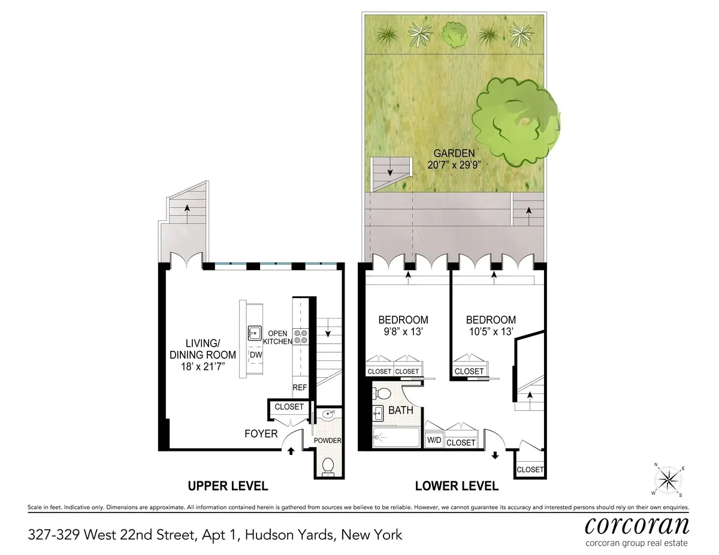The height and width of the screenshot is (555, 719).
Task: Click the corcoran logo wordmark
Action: click(636, 526)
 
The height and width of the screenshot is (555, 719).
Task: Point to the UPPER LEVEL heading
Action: click(228, 486)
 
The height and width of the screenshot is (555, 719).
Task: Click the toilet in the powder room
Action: click(328, 465)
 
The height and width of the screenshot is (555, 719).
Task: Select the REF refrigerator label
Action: click(300, 388)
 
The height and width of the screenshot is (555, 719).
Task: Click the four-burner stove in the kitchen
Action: click(300, 337)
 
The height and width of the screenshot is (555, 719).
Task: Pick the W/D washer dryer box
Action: click(434, 442)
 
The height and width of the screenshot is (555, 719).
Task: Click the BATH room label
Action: click(400, 411)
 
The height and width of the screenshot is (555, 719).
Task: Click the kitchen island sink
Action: click(255, 333)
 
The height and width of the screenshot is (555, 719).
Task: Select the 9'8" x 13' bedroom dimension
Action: click(403, 330)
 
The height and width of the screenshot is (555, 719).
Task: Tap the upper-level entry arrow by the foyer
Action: click(291, 450)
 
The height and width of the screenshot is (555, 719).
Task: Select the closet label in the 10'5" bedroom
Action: click(469, 371)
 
